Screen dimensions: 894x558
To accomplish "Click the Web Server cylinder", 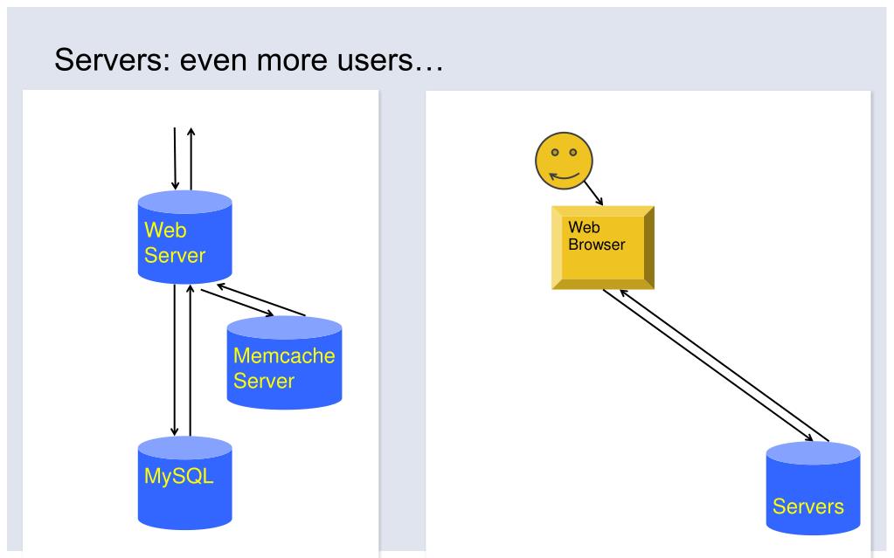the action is click(x=184, y=237).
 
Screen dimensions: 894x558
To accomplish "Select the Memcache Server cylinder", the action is click(x=285, y=362).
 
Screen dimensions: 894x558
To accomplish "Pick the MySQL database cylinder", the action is click(x=184, y=483).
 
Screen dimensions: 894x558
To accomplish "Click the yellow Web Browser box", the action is click(x=603, y=247).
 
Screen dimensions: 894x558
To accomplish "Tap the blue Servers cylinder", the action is click(x=813, y=488).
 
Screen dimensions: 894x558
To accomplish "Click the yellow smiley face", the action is click(x=564, y=161).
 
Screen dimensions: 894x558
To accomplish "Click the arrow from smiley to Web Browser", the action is click(x=593, y=194).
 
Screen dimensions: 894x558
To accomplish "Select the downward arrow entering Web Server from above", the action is click(x=175, y=158).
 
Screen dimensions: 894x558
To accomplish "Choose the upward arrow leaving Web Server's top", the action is click(x=191, y=158).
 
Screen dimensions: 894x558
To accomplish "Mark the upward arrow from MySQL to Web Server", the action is click(x=191, y=361).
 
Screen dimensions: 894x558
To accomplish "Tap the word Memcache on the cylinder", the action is click(x=284, y=355).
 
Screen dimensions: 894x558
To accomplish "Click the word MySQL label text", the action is click(x=179, y=476).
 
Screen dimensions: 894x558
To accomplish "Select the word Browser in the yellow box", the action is click(x=596, y=245).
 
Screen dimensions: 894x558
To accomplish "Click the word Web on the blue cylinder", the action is click(x=165, y=231).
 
